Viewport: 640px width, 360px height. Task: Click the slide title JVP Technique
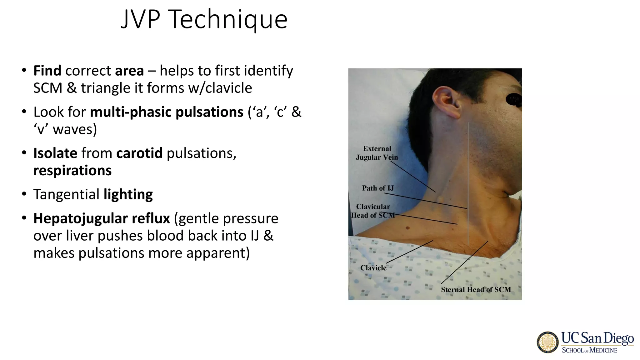204,19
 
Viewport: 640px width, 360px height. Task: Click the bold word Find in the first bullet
47,71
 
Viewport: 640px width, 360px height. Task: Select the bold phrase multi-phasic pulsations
167,112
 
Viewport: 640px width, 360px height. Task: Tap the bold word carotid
139,153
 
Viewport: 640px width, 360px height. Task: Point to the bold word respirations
72,171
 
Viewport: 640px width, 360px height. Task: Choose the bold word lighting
128,194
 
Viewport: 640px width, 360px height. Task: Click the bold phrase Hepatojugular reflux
102,218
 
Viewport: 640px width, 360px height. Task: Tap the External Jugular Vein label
377,153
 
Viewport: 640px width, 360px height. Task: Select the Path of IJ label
378,188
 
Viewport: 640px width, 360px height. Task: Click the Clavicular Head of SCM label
373,211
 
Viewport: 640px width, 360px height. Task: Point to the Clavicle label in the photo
373,268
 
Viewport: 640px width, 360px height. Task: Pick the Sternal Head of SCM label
476,290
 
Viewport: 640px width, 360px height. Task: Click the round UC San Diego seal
548,342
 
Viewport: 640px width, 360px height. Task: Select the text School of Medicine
589,350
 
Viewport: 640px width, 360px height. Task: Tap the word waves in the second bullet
75,129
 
